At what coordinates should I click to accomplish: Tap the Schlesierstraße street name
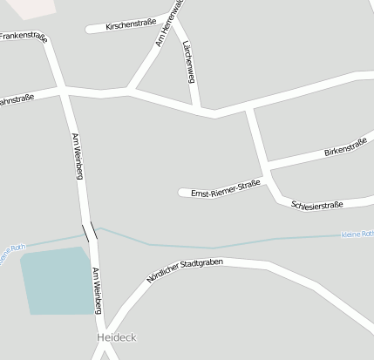pos(316,205)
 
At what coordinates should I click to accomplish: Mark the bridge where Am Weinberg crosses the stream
pos(90,232)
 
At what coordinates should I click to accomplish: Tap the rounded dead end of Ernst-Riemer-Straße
pos(182,193)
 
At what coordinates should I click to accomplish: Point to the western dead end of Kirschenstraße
pos(89,29)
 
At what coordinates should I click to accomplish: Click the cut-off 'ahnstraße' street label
pos(17,98)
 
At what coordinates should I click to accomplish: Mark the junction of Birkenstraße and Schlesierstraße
pos(267,166)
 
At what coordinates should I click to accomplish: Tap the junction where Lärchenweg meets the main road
pos(207,112)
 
